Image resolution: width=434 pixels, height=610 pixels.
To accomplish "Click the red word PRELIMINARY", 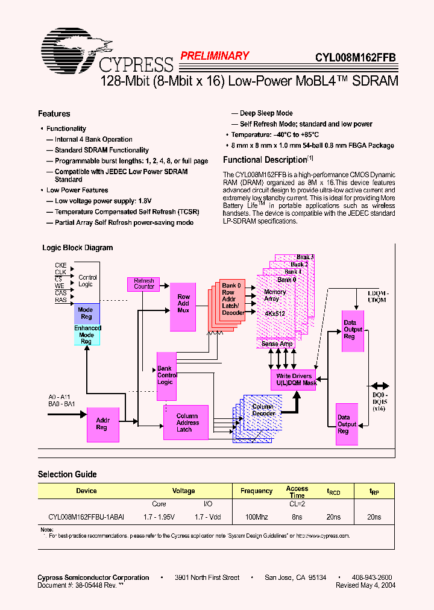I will (x=214, y=56).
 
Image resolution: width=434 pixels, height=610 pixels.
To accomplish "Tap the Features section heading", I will (x=54, y=114).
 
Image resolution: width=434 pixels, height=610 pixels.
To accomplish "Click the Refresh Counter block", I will (x=144, y=283).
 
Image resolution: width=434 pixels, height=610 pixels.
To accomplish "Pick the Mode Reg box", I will (x=86, y=313).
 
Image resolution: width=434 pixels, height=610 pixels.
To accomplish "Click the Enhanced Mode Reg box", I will (x=87, y=335).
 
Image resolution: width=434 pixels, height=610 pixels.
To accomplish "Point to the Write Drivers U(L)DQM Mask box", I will (x=294, y=380).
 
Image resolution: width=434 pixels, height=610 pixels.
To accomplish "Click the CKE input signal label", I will (x=61, y=265).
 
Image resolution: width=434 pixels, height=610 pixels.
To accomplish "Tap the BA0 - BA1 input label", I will (x=62, y=403).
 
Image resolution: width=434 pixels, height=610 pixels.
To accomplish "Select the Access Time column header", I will (x=297, y=492).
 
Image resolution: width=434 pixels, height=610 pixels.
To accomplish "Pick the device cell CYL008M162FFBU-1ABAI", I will (x=86, y=517).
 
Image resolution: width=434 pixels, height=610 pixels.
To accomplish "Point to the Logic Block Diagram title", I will (x=77, y=248).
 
